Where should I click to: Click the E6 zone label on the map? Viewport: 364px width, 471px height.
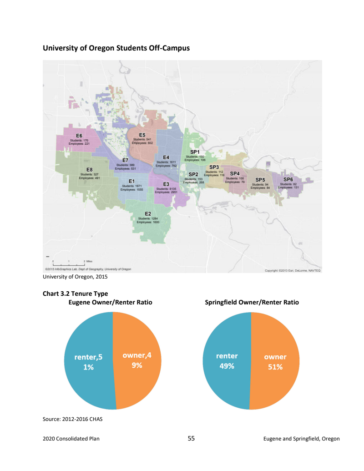[x=79, y=136]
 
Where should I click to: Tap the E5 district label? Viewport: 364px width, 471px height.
[x=142, y=135]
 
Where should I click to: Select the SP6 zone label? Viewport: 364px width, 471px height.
[x=288, y=179]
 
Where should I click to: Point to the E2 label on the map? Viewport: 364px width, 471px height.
[x=148, y=213]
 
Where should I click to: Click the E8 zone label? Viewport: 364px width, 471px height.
[x=90, y=170]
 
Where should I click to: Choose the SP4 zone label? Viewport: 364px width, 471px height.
[x=235, y=173]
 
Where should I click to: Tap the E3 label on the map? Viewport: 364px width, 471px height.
[x=166, y=184]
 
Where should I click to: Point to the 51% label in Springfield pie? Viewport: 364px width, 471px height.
[x=275, y=367]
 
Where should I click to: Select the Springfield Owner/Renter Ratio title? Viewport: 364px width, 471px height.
[x=252, y=302]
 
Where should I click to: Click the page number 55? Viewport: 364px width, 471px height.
[x=191, y=439]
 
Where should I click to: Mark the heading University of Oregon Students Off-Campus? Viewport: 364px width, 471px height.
[x=116, y=47]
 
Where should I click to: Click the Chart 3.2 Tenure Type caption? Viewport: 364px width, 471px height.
[x=75, y=294]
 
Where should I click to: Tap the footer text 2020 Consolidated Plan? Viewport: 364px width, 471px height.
[x=71, y=439]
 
